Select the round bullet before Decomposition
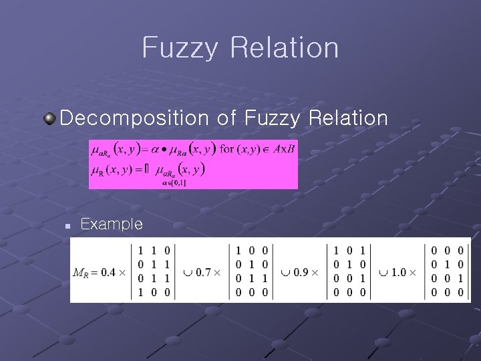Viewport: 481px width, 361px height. (49, 118)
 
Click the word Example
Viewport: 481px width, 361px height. (111, 224)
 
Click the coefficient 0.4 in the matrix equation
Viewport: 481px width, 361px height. (109, 272)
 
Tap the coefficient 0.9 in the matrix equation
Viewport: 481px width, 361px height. (301, 272)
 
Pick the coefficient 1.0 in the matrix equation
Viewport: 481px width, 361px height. (399, 272)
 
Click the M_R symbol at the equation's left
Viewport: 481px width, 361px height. (79, 273)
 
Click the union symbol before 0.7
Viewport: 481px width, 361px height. (189, 272)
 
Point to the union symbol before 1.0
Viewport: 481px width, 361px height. (383, 272)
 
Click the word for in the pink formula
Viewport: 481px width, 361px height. (227, 148)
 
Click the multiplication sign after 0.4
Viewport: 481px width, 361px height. (122, 272)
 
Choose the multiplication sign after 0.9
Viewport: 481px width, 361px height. (315, 272)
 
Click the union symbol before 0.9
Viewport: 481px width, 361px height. (286, 272)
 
